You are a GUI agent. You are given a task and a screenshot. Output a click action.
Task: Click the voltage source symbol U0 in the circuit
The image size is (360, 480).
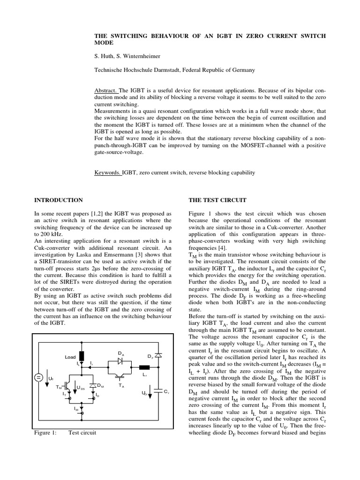[x=38, y=377]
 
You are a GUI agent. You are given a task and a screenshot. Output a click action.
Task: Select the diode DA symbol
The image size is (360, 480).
[x=120, y=361]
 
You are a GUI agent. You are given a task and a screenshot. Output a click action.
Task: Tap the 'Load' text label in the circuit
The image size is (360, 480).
[x=69, y=357]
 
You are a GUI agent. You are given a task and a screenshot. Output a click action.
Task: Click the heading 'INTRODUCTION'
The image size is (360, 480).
[x=59, y=200]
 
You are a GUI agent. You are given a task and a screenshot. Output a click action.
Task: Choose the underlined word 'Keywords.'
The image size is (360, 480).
[x=108, y=172]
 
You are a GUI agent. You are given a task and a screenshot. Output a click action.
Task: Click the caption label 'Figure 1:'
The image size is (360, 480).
[x=45, y=433]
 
